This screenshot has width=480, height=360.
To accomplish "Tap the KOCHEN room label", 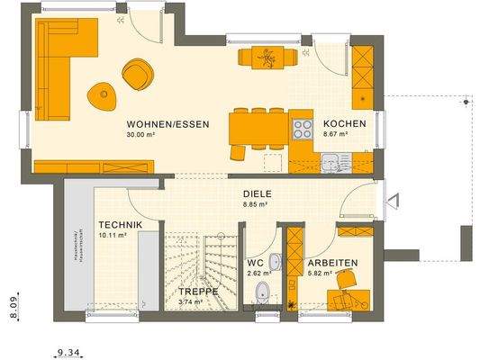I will [x=343, y=124].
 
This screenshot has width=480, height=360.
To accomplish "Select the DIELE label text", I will [x=257, y=193].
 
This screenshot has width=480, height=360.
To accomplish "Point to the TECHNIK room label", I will [x=118, y=225].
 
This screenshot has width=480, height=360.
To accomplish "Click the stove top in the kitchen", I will [x=301, y=127].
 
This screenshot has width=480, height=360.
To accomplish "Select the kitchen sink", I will [x=331, y=163].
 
